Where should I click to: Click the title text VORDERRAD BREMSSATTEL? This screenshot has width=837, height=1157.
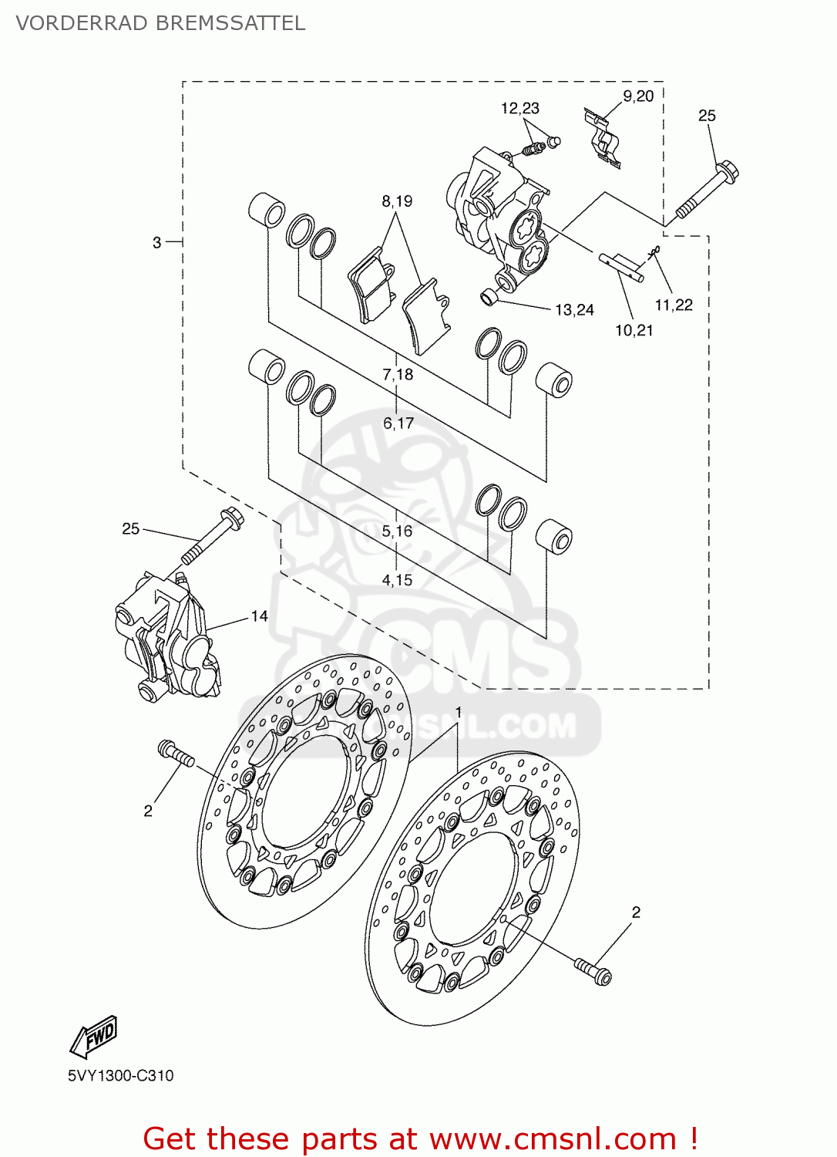[x=160, y=23]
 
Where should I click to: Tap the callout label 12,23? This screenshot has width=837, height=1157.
[x=520, y=109]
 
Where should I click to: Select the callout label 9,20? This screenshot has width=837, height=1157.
[x=638, y=96]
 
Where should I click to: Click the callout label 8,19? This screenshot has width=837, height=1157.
[x=397, y=201]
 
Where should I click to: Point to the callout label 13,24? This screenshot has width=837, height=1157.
[x=574, y=310]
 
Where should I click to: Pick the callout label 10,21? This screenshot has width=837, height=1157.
[x=634, y=331]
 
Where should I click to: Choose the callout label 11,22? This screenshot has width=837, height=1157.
[x=674, y=305]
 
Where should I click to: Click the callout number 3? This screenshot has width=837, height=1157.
[x=157, y=243]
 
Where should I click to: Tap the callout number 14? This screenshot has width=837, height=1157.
[x=259, y=616]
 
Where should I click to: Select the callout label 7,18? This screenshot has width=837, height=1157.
[x=398, y=375]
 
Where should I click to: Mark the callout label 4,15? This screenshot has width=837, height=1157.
[x=397, y=580]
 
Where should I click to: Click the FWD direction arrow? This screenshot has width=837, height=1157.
[x=94, y=1037]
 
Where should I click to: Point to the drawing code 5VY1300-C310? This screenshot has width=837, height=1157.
[x=121, y=1076]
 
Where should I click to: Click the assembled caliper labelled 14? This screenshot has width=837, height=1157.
[x=168, y=636]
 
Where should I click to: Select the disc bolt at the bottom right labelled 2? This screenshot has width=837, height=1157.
[x=593, y=970]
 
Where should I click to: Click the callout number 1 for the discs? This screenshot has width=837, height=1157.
[x=459, y=712]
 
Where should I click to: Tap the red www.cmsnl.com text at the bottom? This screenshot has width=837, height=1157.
[x=552, y=1138]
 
